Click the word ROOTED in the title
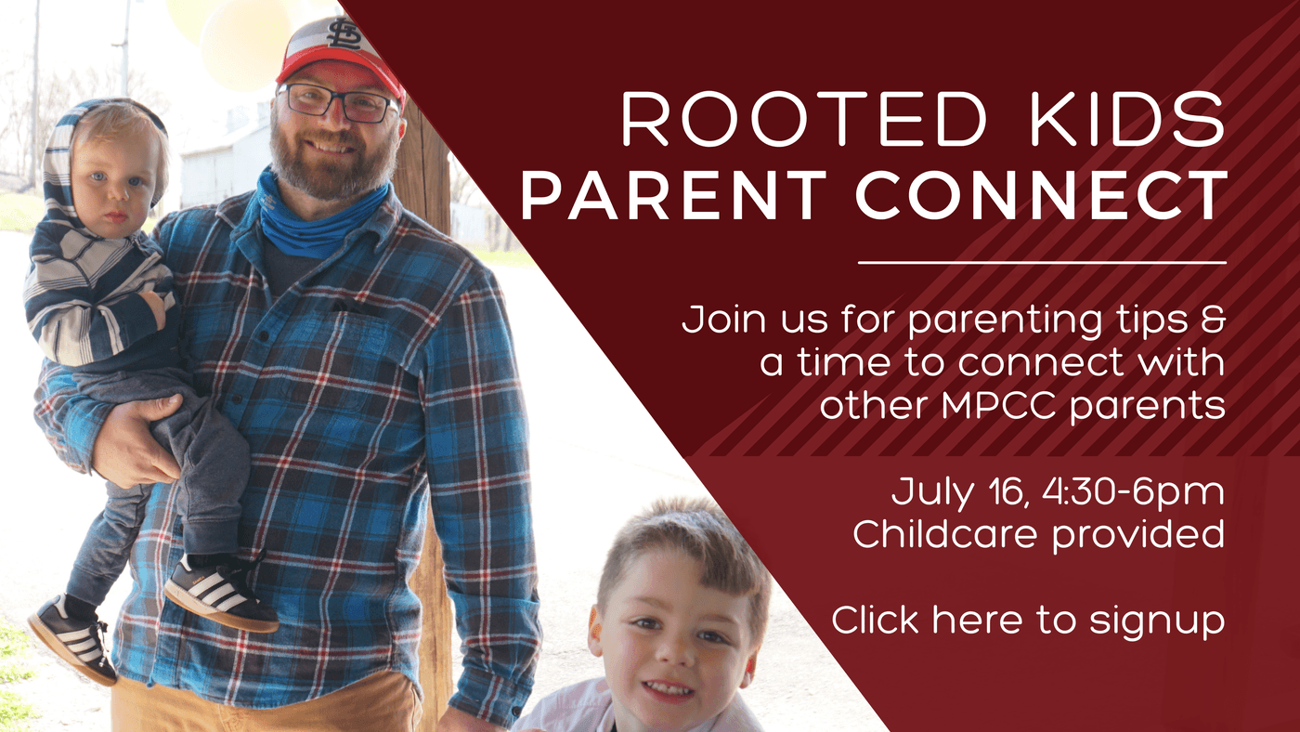click(804, 119)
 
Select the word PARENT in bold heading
click(672, 195)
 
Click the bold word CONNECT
click(1041, 195)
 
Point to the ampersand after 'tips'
click(1213, 319)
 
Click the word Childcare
click(944, 534)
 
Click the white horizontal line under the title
click(1042, 263)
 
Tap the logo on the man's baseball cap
click(344, 33)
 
